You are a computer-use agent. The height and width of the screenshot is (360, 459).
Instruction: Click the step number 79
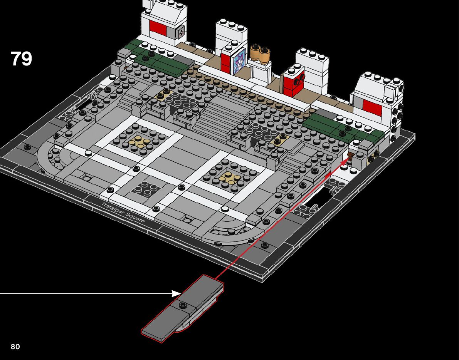[x=21, y=59]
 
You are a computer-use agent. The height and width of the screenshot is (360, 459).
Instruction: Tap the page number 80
[x=15, y=347]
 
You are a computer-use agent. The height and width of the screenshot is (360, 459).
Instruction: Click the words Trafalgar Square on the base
[x=123, y=212]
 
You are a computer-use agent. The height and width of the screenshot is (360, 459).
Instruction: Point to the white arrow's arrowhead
[x=177, y=293]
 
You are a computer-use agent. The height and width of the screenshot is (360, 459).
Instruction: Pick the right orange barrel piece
[x=264, y=55]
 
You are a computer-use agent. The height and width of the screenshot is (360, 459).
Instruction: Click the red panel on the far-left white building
[x=158, y=28]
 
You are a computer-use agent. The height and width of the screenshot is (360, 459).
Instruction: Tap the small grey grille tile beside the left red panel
[x=180, y=33]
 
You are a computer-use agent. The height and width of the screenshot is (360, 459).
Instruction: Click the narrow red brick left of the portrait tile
[x=225, y=61]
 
